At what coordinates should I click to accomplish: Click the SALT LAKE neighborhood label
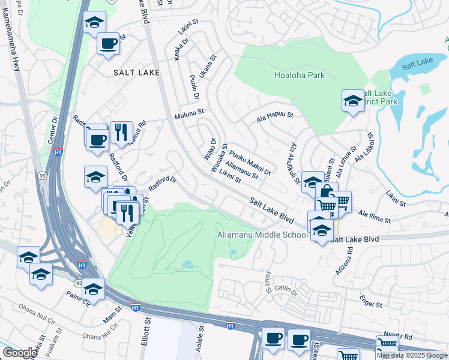136,72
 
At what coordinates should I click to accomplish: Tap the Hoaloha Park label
299,75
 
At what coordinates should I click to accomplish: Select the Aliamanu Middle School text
262,235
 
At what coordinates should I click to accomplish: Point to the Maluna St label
190,112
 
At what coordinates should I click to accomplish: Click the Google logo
19,353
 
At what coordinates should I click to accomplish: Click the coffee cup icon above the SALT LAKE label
108,44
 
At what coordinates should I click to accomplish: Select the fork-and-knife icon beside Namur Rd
121,131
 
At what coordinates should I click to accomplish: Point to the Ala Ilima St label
375,214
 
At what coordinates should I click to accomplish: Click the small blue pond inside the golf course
187,264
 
